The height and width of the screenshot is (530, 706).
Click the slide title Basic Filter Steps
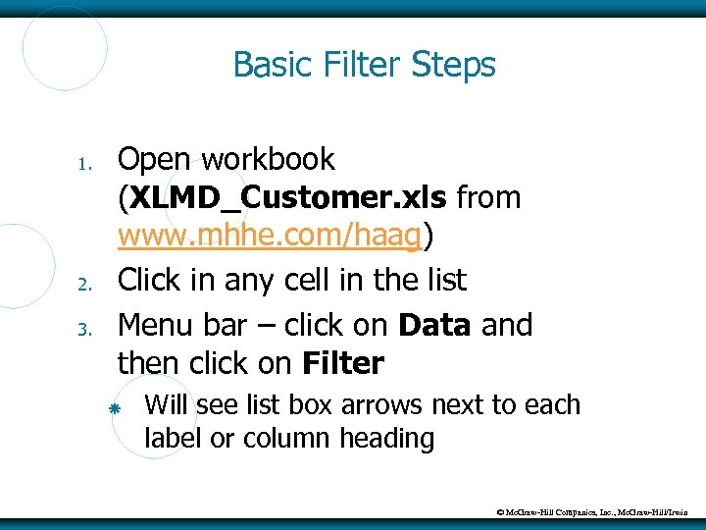(364, 66)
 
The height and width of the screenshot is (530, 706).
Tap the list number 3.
(85, 328)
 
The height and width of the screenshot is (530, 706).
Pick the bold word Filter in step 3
(343, 364)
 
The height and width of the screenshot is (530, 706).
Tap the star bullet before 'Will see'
(115, 407)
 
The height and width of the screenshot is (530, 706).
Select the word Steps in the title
(453, 66)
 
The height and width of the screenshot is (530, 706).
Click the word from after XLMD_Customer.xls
(488, 198)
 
